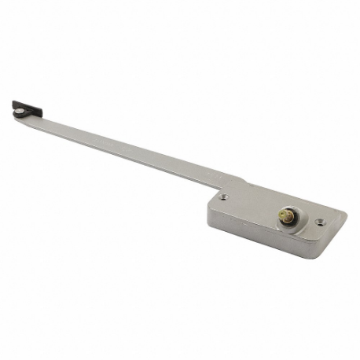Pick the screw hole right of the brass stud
[x=319, y=222]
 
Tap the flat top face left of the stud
[x=248, y=206]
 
